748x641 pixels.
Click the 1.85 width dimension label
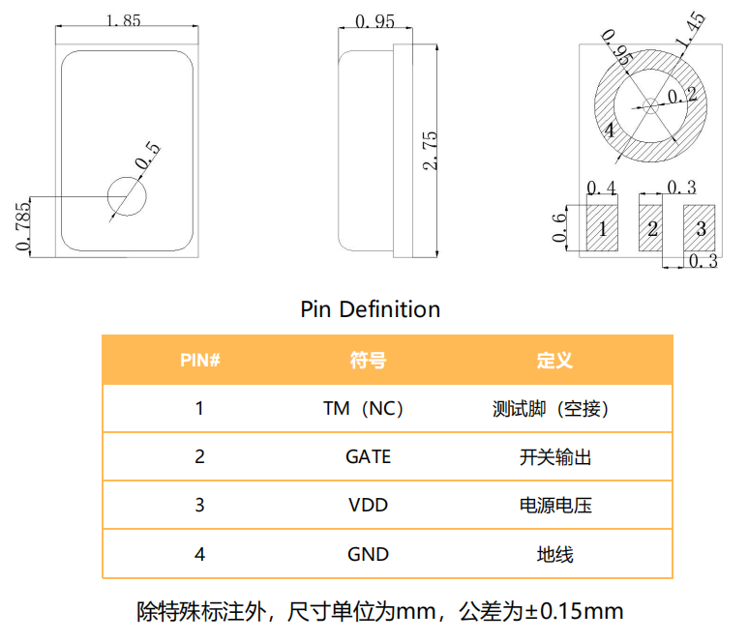pyautogui.click(x=123, y=20)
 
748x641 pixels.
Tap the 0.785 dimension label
pyautogui.click(x=22, y=226)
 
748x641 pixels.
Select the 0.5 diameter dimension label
pyautogui.click(x=148, y=156)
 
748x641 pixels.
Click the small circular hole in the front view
pyautogui.click(x=127, y=196)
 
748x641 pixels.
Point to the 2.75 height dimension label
pyautogui.click(x=430, y=151)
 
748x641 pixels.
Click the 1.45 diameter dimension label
pyautogui.click(x=690, y=30)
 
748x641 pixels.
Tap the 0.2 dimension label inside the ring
pyautogui.click(x=681, y=95)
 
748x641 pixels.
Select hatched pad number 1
pyautogui.click(x=602, y=228)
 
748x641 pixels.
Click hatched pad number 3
pyautogui.click(x=700, y=228)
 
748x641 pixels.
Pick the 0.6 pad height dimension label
pyautogui.click(x=559, y=228)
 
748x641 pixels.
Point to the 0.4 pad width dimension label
pyautogui.click(x=601, y=188)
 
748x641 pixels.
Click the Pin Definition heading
pyautogui.click(x=371, y=309)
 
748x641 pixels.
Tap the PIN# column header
pyautogui.click(x=200, y=360)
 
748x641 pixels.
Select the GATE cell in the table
pyautogui.click(x=368, y=456)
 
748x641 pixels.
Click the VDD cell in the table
pyautogui.click(x=368, y=506)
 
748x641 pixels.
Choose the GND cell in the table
pyautogui.click(x=368, y=554)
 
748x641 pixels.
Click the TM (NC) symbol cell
pyautogui.click(x=364, y=408)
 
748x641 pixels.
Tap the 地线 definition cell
pyautogui.click(x=554, y=554)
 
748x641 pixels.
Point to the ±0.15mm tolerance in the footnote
pyautogui.click(x=574, y=611)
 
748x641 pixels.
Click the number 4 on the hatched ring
pyautogui.click(x=610, y=131)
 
